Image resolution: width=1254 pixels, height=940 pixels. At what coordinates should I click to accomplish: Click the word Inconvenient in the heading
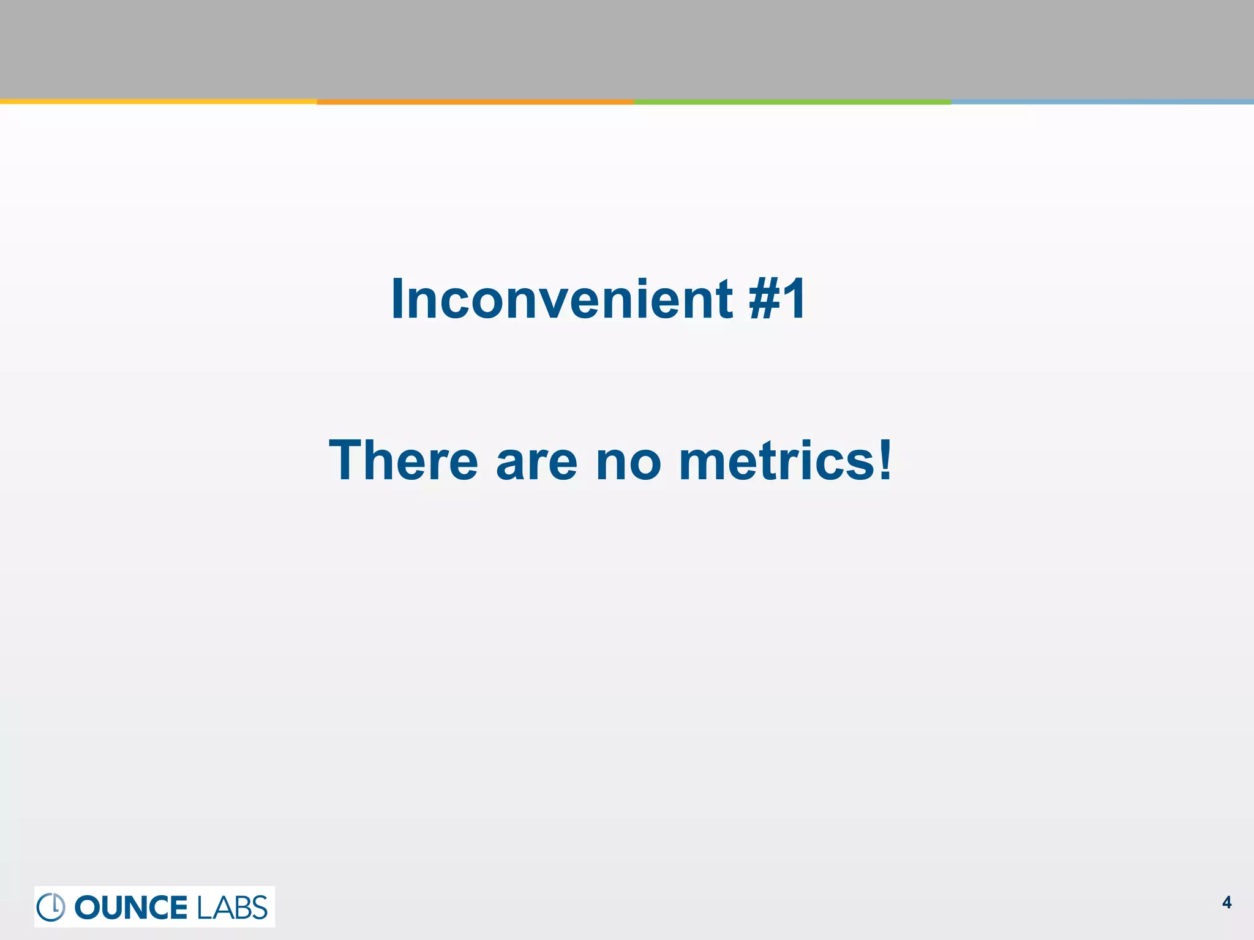[561, 299]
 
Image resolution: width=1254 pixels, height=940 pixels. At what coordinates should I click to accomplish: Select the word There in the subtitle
[404, 461]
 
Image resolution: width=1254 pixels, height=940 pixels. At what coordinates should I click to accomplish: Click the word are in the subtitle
[536, 462]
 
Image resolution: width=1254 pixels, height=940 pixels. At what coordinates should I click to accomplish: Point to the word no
[628, 462]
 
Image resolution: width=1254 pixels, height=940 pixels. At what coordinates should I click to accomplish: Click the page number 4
[1226, 903]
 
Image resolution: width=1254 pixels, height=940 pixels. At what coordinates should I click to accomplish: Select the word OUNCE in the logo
[130, 907]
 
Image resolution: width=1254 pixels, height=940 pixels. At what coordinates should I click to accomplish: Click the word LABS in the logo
[232, 907]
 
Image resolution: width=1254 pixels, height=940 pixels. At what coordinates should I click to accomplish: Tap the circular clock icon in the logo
[51, 907]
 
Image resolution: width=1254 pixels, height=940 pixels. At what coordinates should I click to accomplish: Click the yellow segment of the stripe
[158, 102]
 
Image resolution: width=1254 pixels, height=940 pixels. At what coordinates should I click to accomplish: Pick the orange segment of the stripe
[475, 102]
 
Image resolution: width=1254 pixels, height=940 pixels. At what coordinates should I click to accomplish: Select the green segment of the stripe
[792, 102]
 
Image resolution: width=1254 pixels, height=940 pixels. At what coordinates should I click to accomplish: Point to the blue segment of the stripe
[1102, 102]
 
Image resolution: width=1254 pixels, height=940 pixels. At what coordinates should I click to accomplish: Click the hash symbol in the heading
[765, 299]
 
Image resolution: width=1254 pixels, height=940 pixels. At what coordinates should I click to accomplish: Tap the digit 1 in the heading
[795, 299]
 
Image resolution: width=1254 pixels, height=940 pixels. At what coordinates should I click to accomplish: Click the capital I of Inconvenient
[397, 299]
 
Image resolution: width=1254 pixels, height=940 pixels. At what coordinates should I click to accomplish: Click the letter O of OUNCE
[88, 907]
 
